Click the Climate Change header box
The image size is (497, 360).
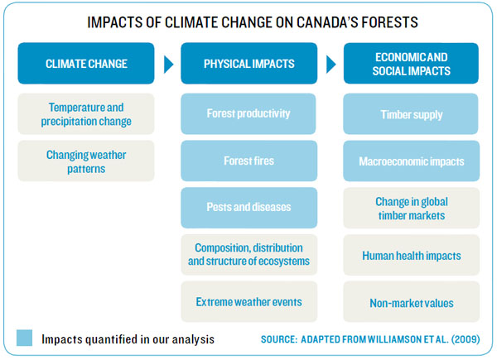(x=86, y=63)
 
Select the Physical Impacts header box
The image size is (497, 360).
(x=249, y=63)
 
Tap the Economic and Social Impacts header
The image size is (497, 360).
(x=412, y=63)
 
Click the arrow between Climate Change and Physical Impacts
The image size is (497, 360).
(x=168, y=63)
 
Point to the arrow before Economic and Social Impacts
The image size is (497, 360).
(x=331, y=63)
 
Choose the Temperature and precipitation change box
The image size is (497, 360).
(x=86, y=114)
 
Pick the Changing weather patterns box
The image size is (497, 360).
(x=86, y=161)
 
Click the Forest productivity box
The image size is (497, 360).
(x=249, y=114)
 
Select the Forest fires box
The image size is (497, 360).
(x=249, y=161)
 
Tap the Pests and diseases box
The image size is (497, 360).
(x=249, y=209)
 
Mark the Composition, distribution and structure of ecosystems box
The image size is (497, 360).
(x=249, y=255)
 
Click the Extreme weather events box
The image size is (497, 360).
(x=249, y=302)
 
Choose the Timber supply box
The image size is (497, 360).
(x=412, y=114)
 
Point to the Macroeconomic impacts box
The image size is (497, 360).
(x=412, y=161)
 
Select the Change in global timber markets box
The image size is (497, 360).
(x=412, y=209)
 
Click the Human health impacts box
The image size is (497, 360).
(x=412, y=255)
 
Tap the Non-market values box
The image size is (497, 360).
(x=412, y=302)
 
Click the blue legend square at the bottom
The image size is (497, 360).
(x=24, y=338)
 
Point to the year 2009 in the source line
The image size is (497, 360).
(x=462, y=339)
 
